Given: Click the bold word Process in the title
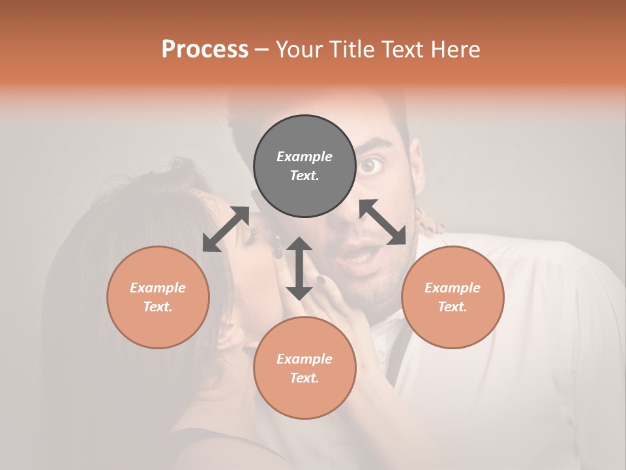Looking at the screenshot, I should [205, 50].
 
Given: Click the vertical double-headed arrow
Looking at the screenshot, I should [299, 268].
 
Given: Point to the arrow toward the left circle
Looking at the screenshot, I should [226, 229].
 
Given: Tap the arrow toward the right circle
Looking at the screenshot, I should [383, 222].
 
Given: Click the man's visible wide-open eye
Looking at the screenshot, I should [370, 166].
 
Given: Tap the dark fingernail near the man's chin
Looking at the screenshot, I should [321, 280].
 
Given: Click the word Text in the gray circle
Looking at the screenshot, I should [304, 176].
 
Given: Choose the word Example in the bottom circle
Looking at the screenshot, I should [305, 358].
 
